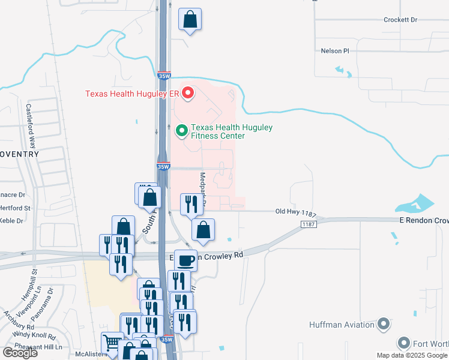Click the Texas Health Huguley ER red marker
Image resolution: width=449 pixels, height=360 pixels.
pyautogui.click(x=188, y=93)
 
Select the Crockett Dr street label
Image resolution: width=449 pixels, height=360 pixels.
pyautogui.click(x=400, y=20)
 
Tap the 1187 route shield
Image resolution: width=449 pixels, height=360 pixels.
pyautogui.click(x=308, y=224)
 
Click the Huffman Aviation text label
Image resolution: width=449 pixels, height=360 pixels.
pyautogui.click(x=342, y=325)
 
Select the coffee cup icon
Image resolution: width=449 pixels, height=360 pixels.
pyautogui.click(x=185, y=260)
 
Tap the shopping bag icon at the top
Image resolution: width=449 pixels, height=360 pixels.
pyautogui.click(x=190, y=19)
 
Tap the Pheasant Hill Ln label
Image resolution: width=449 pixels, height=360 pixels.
pyautogui.click(x=40, y=347)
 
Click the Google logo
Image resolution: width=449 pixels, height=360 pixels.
pyautogui.click(x=19, y=353)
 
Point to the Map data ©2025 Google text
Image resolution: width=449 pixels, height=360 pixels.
pyautogui.click(x=411, y=355)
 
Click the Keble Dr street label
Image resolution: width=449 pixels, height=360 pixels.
pyautogui.click(x=11, y=220)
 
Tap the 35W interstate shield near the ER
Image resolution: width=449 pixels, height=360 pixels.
pyautogui.click(x=164, y=76)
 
